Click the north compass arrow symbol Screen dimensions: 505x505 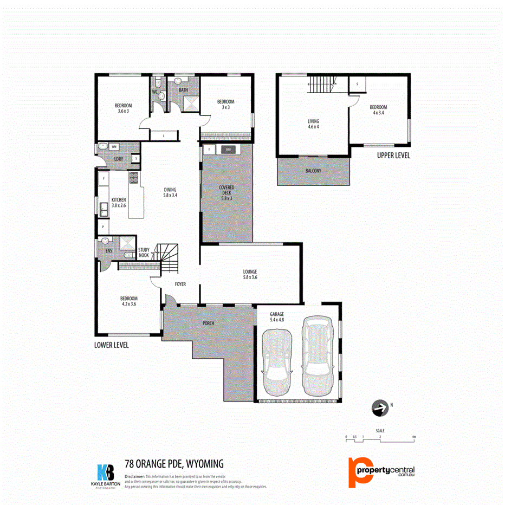pyautogui.click(x=381, y=409)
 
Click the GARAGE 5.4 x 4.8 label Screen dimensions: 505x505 pyautogui.click(x=277, y=317)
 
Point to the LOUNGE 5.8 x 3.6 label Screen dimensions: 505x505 pyautogui.click(x=250, y=275)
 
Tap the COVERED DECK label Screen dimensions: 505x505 pyautogui.click(x=226, y=193)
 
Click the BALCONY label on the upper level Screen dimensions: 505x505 pyautogui.click(x=313, y=171)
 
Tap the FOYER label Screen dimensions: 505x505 pyautogui.click(x=180, y=284)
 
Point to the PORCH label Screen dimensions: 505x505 pyautogui.click(x=209, y=323)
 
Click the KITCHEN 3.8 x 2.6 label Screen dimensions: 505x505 pyautogui.click(x=119, y=203)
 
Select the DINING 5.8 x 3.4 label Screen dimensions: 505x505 pyautogui.click(x=171, y=192)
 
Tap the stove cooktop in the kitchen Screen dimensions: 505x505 pyautogui.click(x=133, y=178)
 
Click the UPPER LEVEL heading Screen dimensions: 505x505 pyautogui.click(x=393, y=156)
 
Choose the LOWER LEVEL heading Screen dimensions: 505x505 pyautogui.click(x=111, y=345)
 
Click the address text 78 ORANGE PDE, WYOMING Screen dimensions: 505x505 pyautogui.click(x=174, y=464)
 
